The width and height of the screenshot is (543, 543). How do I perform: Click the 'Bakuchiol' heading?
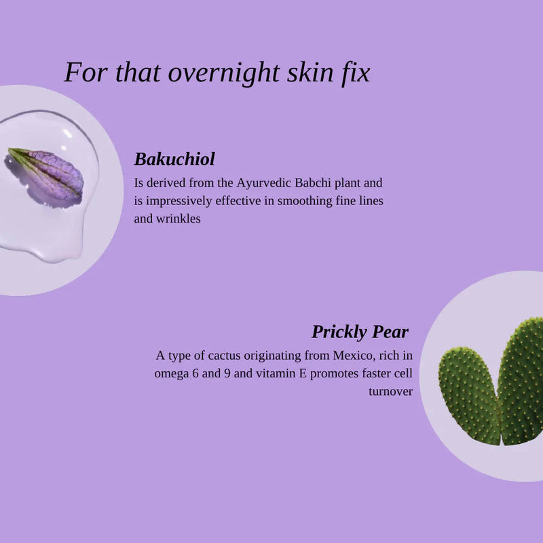(x=174, y=160)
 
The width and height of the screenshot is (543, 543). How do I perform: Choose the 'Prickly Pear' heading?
(x=360, y=332)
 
